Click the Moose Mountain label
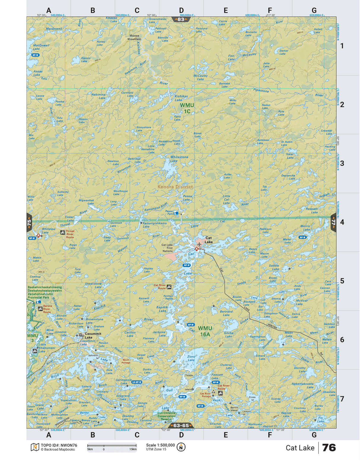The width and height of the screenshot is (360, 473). click(x=134, y=37)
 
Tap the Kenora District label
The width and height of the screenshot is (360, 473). click(x=175, y=187)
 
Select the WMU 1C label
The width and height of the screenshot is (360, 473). click(x=187, y=108)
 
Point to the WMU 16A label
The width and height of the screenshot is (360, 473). click(x=205, y=331)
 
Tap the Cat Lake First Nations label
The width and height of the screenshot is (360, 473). click(x=167, y=248)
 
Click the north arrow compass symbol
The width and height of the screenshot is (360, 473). click(x=181, y=447)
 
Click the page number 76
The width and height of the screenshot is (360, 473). click(x=329, y=447)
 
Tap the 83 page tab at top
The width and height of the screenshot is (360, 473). click(x=181, y=19)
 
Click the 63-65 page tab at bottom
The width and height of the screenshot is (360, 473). click(x=181, y=426)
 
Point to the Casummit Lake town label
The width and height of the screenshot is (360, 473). click(x=93, y=335)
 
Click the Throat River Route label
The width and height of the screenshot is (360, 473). click(x=70, y=234)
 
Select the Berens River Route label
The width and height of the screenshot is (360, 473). click(x=47, y=309)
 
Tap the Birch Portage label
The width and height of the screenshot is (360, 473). click(x=126, y=361)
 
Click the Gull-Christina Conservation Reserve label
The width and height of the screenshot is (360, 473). click(x=166, y=416)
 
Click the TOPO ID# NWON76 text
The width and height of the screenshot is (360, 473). click(x=59, y=445)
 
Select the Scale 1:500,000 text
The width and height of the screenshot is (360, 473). click(x=160, y=445)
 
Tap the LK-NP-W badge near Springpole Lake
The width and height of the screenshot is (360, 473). click(x=137, y=382)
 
